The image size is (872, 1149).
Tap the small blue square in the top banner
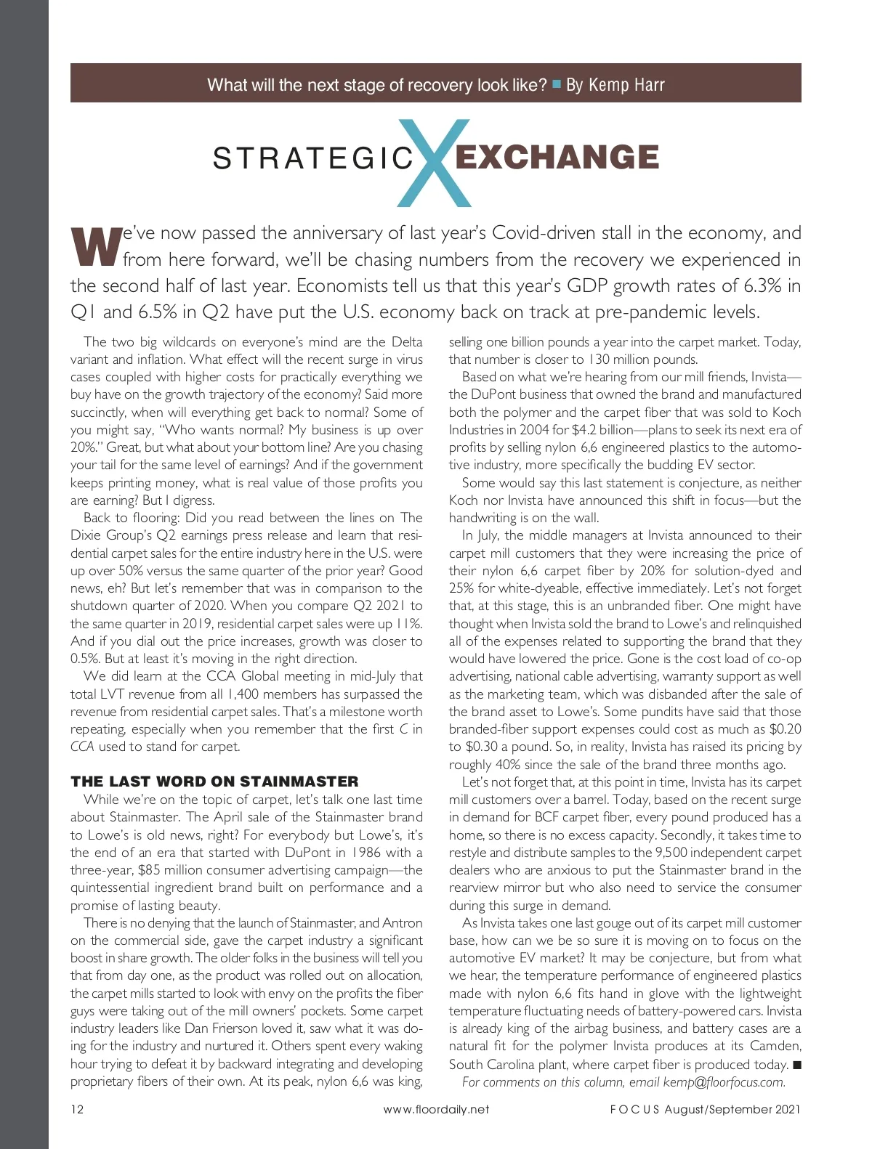[557, 84]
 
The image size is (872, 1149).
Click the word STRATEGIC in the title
[313, 158]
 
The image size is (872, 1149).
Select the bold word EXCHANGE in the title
[557, 158]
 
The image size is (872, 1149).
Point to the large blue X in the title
[435, 163]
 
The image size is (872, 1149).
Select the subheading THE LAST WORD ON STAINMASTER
[214, 781]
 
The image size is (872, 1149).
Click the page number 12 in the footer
[77, 1109]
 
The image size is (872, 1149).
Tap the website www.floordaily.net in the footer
[436, 1109]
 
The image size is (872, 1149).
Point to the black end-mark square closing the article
[796, 1065]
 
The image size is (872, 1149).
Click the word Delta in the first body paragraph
[407, 341]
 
